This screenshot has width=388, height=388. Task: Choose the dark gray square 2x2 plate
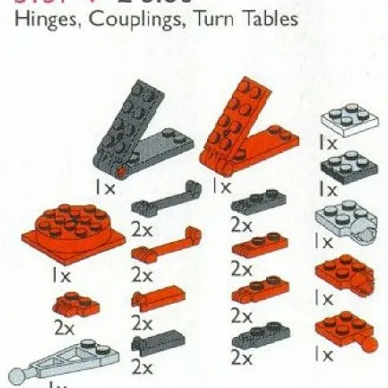(x=341, y=167)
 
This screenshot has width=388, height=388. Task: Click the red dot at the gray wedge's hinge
(x=119, y=170)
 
